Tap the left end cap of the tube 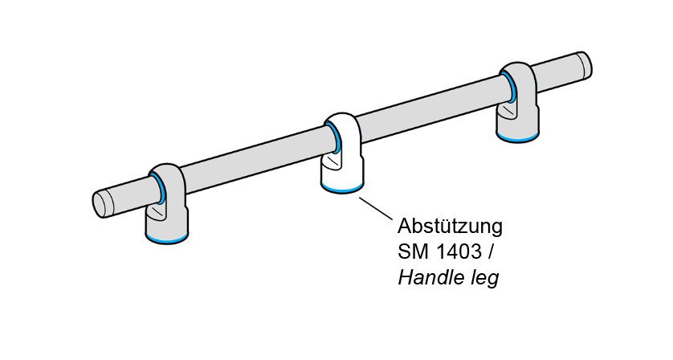[100, 203]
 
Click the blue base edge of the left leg [167, 241]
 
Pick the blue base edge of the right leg [518, 140]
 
